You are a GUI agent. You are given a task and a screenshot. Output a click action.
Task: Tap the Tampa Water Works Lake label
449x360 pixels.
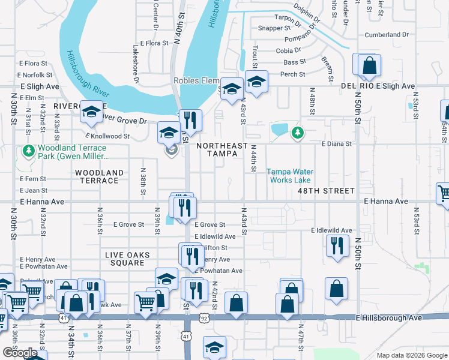289,175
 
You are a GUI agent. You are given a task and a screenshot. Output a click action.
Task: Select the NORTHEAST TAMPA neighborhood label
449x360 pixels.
221,149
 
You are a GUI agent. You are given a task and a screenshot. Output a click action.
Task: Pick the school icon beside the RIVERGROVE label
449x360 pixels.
92,112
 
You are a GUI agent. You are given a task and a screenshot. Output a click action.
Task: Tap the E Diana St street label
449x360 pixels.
337,144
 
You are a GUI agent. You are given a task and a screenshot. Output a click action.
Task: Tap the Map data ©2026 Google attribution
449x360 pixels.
411,355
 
